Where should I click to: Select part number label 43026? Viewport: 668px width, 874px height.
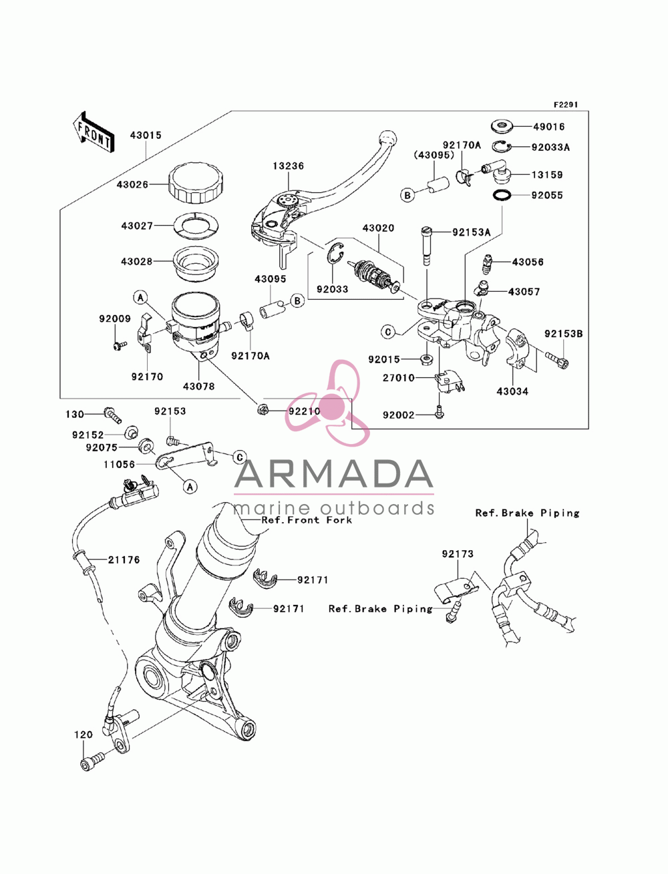coord(132,185)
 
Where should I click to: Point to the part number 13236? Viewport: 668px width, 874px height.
coord(288,166)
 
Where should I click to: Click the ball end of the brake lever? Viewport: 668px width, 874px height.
coord(388,138)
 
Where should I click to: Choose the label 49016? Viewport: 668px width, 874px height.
coord(548,127)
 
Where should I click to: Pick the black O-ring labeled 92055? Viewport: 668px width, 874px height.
coord(502,195)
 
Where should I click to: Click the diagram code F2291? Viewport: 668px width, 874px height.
coord(566,105)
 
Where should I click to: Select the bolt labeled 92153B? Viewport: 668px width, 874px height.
coord(557,360)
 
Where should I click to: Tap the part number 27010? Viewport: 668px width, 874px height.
coord(399,377)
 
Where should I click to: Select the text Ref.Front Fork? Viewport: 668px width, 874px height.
coord(307,519)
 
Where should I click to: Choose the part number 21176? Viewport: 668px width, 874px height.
coord(124,560)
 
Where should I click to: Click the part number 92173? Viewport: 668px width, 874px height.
coord(458,554)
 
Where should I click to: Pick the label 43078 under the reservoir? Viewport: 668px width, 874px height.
coord(199,386)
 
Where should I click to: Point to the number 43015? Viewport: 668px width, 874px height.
coord(146,136)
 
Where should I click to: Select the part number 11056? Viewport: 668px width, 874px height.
coord(120,464)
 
